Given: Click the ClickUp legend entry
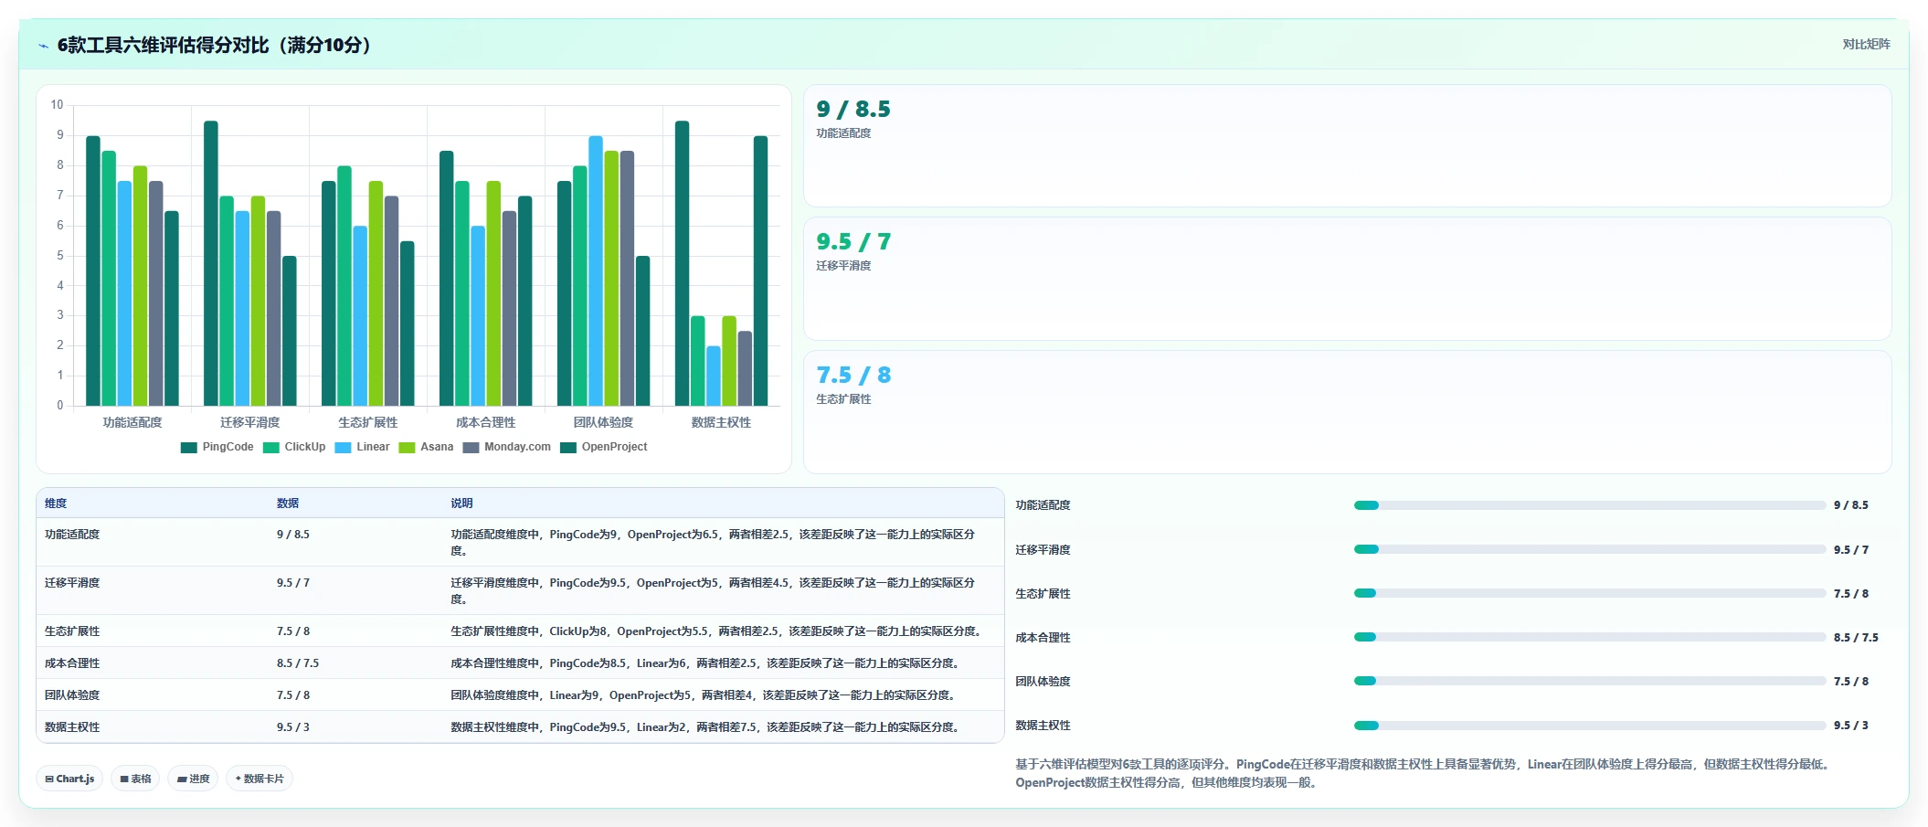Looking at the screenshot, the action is [x=294, y=447].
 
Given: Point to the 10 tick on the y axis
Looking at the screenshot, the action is [x=57, y=105].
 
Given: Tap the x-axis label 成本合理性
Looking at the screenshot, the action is [x=486, y=422].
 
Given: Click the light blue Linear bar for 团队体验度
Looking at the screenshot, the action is [x=596, y=270].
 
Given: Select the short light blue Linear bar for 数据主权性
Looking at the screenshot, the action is [x=714, y=376].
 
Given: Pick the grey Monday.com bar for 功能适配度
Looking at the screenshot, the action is [x=156, y=293].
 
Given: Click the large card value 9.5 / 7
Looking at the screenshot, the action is [x=853, y=242].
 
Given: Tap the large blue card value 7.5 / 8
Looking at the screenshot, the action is [x=853, y=376].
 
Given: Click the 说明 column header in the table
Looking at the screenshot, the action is [x=461, y=504].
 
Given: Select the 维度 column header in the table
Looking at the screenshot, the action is [x=56, y=504].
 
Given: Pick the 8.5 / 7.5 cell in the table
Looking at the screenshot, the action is [x=298, y=663].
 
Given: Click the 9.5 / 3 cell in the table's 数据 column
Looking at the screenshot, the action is [x=293, y=727].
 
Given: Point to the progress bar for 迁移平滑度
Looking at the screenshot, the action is [x=1590, y=549].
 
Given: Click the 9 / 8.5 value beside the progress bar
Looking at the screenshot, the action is [x=1851, y=505].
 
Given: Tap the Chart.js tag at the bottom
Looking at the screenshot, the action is [x=69, y=779].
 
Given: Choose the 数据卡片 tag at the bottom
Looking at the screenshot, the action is [x=260, y=779].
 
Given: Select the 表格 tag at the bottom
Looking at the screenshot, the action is [x=135, y=779].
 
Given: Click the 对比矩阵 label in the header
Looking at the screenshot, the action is [x=1866, y=44].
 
